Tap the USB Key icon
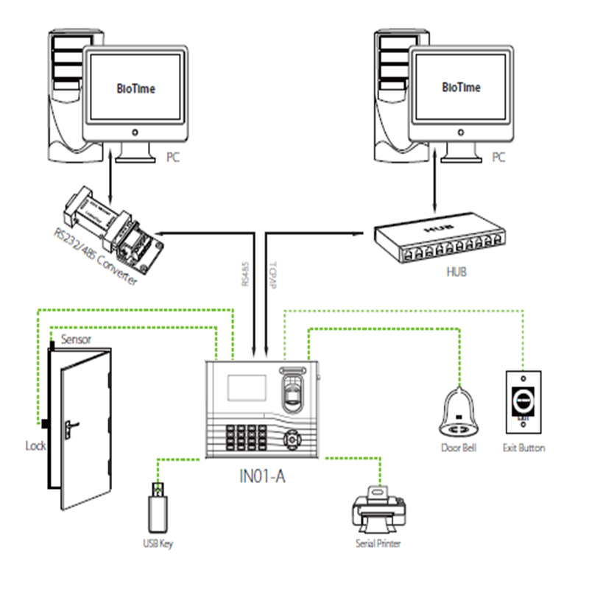click(x=159, y=508)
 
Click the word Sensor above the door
click(x=77, y=339)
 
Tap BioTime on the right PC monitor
click(x=462, y=88)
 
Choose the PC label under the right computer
click(x=498, y=157)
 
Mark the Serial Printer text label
click(x=378, y=544)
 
